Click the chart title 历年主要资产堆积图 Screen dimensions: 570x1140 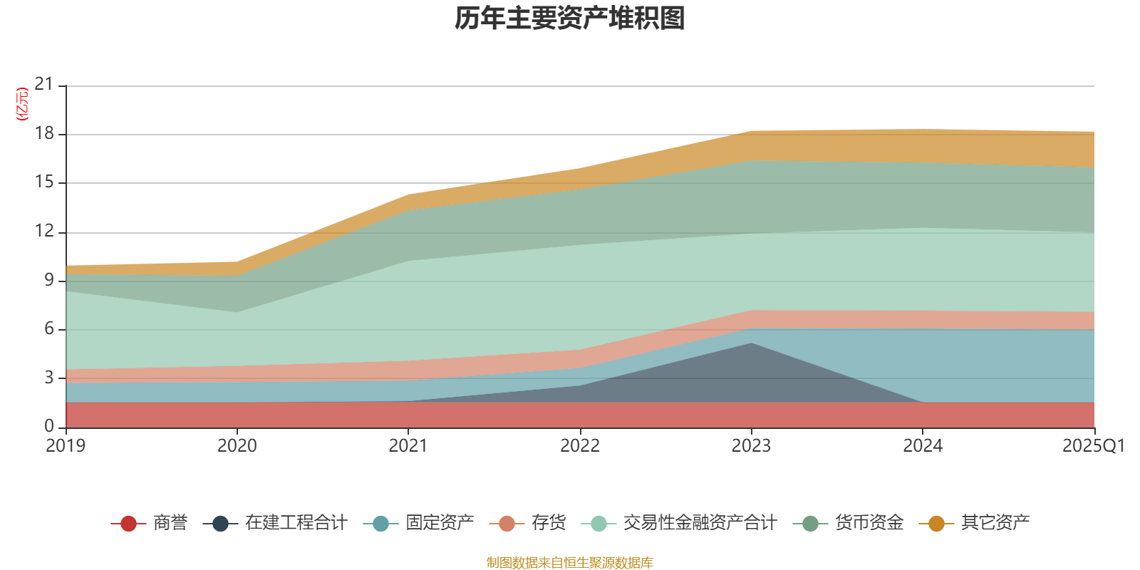570,19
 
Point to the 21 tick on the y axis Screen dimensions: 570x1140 44,85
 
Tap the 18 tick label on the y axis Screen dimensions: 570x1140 44,133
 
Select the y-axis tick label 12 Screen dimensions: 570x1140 44,231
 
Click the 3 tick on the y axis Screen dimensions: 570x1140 49,377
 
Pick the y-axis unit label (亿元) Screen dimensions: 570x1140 22,104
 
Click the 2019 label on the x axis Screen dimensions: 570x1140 66,446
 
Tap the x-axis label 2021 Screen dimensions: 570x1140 408,446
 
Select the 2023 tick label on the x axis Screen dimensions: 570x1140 751,446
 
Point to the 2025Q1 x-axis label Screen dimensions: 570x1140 1093,446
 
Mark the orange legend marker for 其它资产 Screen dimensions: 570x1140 936,524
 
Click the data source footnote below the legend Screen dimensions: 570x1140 570,563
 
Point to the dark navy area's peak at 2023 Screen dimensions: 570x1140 751,344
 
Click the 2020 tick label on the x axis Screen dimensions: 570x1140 237,446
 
